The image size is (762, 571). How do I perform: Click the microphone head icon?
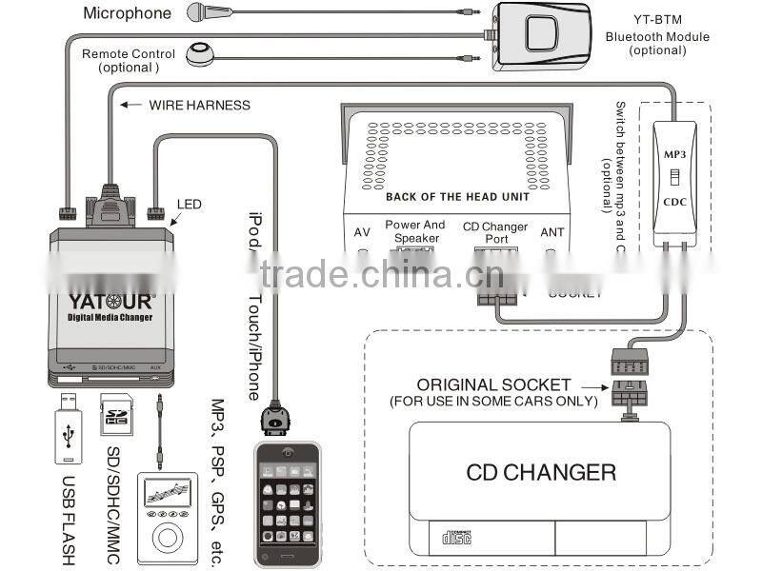pyautogui.click(x=197, y=12)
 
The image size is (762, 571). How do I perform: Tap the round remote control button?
pyautogui.click(x=200, y=54)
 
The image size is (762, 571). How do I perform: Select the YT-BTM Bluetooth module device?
pyautogui.click(x=539, y=36)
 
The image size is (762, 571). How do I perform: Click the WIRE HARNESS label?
pyautogui.click(x=199, y=105)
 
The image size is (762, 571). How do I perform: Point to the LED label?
pyautogui.click(x=190, y=204)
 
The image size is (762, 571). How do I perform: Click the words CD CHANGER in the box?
pyautogui.click(x=541, y=472)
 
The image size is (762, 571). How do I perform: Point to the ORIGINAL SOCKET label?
pyautogui.click(x=493, y=385)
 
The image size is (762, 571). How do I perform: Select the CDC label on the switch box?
pyautogui.click(x=675, y=203)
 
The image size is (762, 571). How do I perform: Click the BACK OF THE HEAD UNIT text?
pyautogui.click(x=457, y=197)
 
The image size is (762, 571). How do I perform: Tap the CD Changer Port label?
pyautogui.click(x=496, y=232)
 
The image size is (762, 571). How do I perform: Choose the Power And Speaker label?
pyautogui.click(x=415, y=231)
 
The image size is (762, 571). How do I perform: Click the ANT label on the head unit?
pyautogui.click(x=552, y=231)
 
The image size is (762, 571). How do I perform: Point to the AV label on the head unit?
pyautogui.click(x=362, y=231)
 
